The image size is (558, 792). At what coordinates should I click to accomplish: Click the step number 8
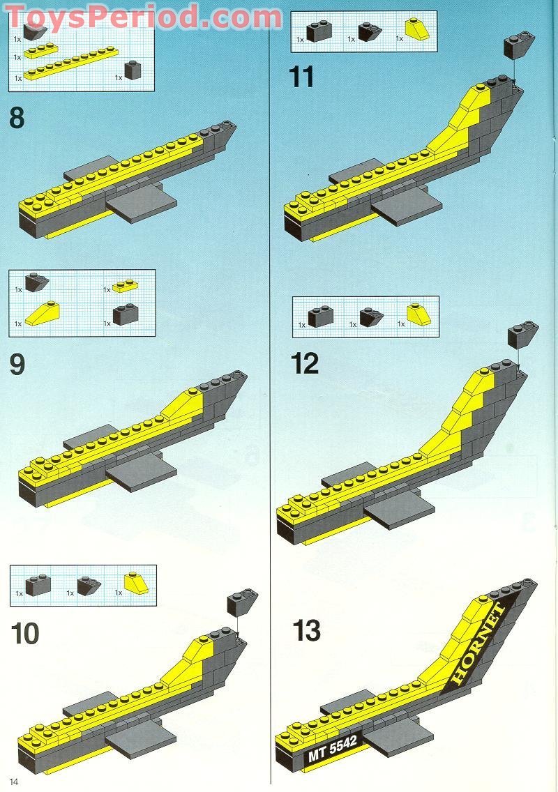[17, 118]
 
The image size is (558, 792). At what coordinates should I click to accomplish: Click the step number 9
[17, 364]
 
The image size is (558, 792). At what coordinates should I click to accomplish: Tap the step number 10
[25, 634]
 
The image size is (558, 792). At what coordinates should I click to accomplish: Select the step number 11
[302, 77]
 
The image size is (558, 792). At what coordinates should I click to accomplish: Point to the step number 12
[305, 363]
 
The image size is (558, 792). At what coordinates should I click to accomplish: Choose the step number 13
[307, 630]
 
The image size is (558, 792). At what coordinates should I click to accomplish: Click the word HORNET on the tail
[479, 642]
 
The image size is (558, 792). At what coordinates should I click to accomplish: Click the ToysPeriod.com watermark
[144, 17]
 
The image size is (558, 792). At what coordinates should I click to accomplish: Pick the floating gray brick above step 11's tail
[519, 46]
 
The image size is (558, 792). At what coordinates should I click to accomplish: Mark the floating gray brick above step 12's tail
[523, 333]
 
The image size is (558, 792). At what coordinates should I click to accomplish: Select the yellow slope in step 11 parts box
[417, 29]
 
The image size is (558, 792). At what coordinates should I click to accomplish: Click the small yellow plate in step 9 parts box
[126, 285]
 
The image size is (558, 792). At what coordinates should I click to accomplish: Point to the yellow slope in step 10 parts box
[137, 584]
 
